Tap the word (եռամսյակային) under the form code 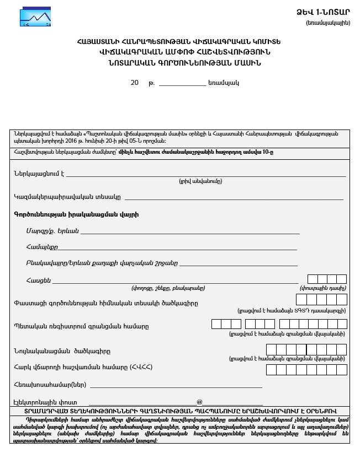[327, 23]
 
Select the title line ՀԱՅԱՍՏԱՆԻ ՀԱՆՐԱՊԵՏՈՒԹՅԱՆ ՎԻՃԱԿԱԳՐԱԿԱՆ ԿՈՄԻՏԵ [179, 42]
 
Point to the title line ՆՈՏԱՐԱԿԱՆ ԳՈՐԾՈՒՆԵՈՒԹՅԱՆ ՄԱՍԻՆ [179, 63]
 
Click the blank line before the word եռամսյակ [182, 84]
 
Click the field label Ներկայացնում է [39, 173]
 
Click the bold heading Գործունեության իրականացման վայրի [76, 214]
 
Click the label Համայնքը [41, 247]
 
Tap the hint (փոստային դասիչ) [323, 288]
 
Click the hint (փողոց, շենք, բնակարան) [168, 288]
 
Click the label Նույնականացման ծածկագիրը [62, 351]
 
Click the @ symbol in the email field [199, 402]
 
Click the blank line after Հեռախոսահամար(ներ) [176, 385]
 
